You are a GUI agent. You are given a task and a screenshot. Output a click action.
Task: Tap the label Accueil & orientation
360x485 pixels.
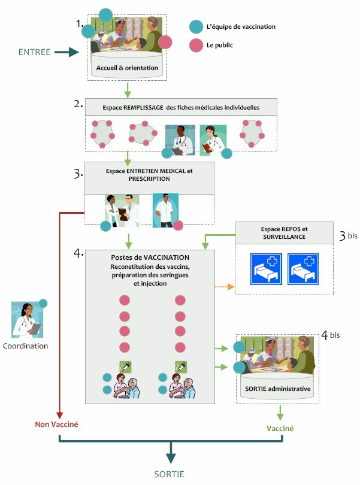coord(127,68)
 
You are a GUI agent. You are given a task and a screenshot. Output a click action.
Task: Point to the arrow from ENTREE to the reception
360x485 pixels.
coord(66,53)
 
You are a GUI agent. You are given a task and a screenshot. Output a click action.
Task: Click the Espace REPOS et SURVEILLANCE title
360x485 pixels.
coord(283,233)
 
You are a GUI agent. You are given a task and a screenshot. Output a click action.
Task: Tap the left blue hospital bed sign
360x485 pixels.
coord(264,268)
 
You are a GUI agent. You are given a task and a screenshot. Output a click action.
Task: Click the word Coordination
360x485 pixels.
coord(26,345)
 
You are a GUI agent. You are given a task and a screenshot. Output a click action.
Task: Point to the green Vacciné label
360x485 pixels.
coord(280,429)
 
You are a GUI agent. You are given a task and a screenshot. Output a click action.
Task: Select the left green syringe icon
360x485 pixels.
coord(125,366)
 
